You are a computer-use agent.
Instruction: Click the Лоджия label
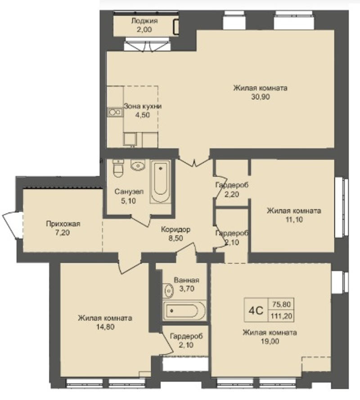[144, 21]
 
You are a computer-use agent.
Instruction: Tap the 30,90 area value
[260, 97]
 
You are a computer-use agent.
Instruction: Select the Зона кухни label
[143, 107]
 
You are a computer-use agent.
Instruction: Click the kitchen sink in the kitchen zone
[115, 112]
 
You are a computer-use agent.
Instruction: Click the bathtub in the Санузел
[160, 181]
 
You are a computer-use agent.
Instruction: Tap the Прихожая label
[63, 224]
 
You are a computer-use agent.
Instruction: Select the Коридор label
[175, 230]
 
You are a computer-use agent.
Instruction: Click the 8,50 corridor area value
[176, 238]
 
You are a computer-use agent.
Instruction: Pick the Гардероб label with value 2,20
[232, 185]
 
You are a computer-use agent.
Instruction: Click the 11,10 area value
[294, 219]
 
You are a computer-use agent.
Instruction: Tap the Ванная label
[186, 280]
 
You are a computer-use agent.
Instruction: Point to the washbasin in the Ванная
[168, 290]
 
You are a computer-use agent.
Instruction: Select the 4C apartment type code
[256, 311]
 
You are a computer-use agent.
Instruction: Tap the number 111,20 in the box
[282, 316]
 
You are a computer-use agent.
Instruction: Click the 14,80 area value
[105, 327]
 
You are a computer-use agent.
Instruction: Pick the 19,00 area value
[270, 341]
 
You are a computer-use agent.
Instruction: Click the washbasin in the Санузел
[138, 165]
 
